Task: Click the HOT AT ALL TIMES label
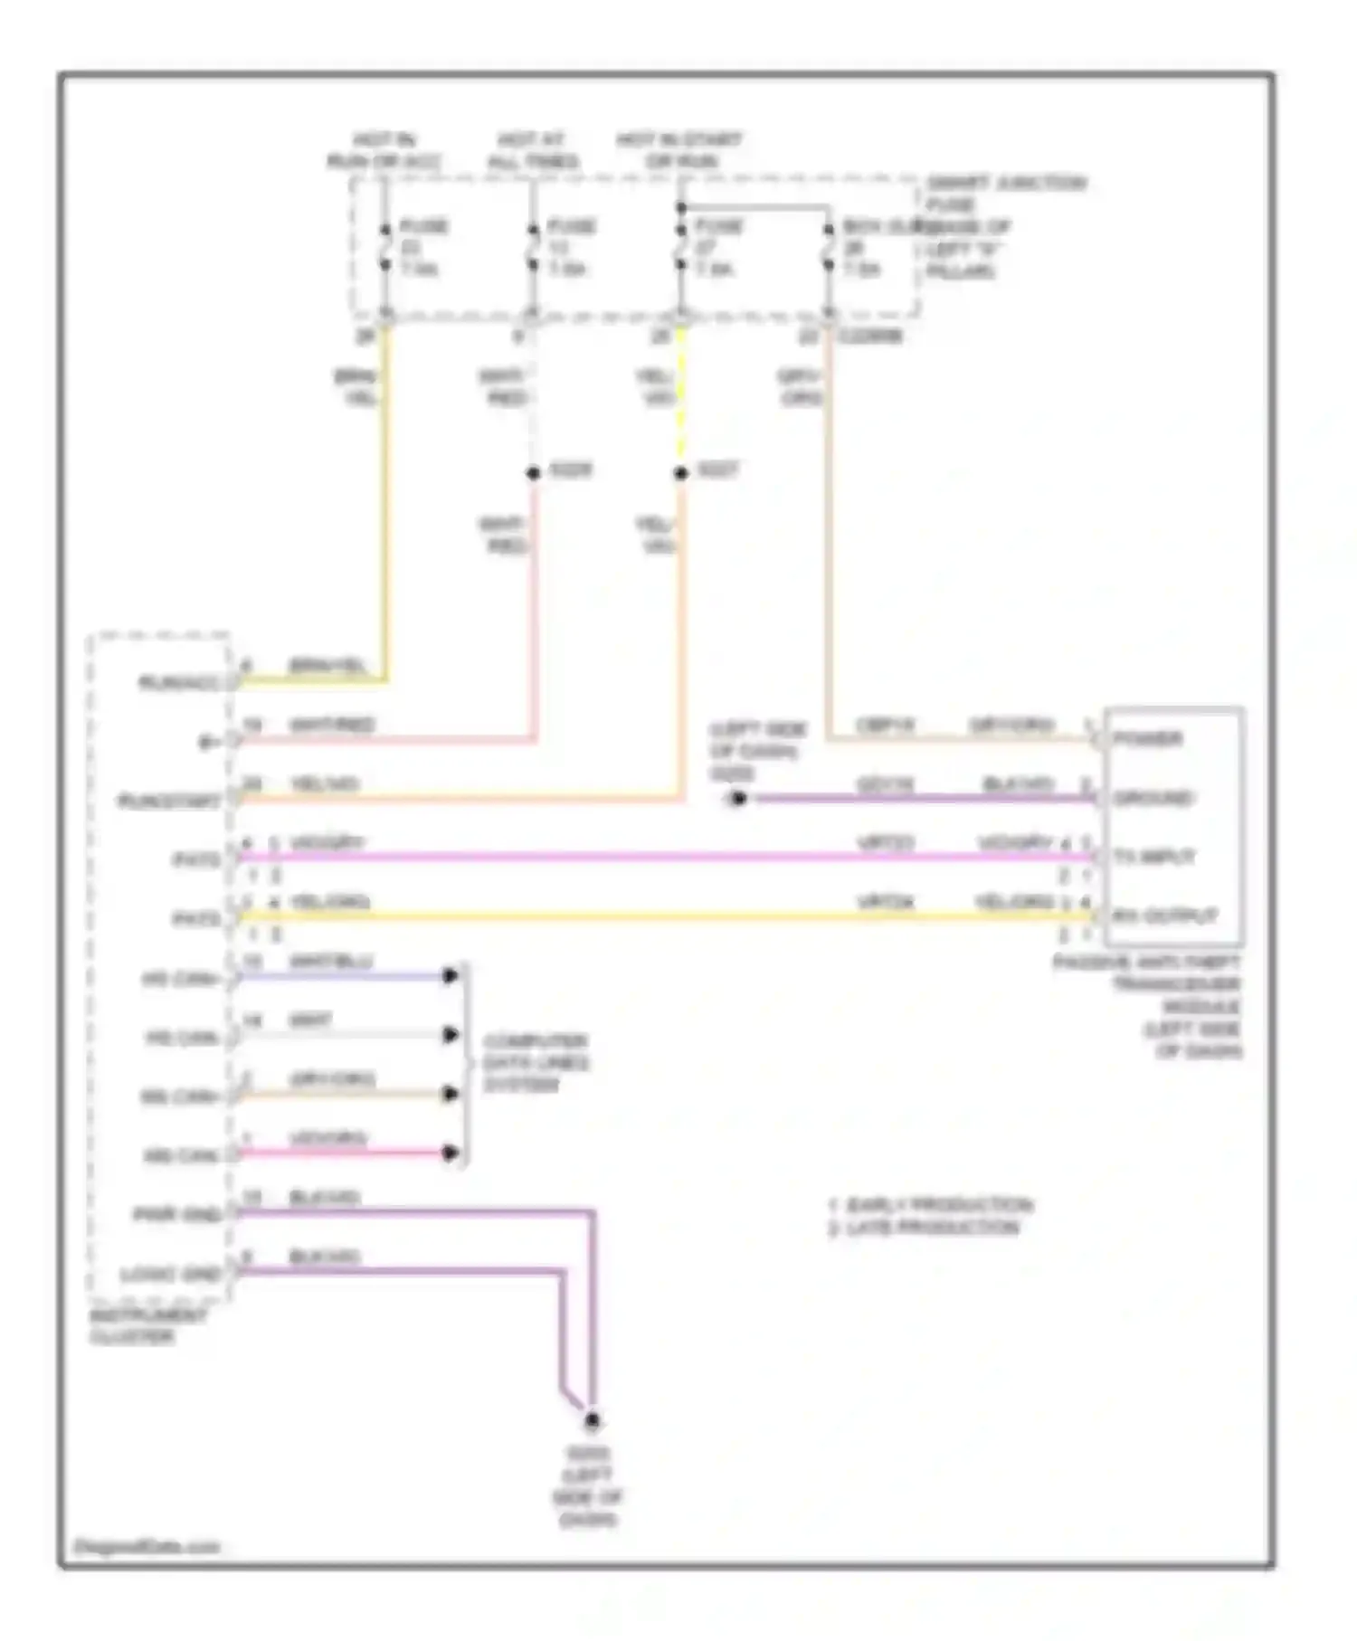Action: pyautogui.click(x=532, y=151)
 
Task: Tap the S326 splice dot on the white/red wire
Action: pyautogui.click(x=534, y=473)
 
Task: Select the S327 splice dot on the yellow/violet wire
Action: pyautogui.click(x=681, y=473)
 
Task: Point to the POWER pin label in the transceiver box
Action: pyautogui.click(x=1147, y=739)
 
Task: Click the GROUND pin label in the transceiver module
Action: pyautogui.click(x=1153, y=798)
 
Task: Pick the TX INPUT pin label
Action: pyautogui.click(x=1154, y=857)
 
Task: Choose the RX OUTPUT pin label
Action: pyautogui.click(x=1164, y=916)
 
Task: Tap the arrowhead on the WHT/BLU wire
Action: pyautogui.click(x=451, y=975)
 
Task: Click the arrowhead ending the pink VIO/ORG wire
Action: pyautogui.click(x=451, y=1152)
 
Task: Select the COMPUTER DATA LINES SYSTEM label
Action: pyautogui.click(x=536, y=1063)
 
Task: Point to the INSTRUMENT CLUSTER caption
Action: pyautogui.click(x=147, y=1325)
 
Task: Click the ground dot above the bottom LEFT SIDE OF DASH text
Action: pyautogui.click(x=593, y=1421)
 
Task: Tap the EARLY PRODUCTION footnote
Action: pyautogui.click(x=932, y=1205)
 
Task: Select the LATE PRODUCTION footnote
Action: pyautogui.click(x=925, y=1228)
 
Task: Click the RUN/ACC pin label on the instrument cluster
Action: pyautogui.click(x=179, y=683)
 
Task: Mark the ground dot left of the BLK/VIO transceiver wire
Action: pyautogui.click(x=738, y=799)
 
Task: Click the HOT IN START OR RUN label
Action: pyautogui.click(x=679, y=151)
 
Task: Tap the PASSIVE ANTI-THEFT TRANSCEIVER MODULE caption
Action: pyautogui.click(x=1167, y=1006)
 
